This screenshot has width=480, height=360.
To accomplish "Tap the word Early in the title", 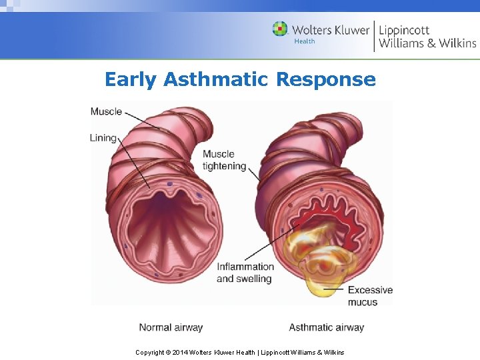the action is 131,80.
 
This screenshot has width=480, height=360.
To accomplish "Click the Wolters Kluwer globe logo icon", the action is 280,29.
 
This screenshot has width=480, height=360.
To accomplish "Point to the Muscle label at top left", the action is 106,111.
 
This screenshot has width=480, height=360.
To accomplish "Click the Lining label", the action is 103,138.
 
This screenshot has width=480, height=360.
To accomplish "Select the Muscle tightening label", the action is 225,160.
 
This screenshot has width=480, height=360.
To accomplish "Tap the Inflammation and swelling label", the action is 245,273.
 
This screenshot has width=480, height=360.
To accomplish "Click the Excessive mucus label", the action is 370,296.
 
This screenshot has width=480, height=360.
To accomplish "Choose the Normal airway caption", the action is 171,327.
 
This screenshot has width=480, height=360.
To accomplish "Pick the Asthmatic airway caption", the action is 327,327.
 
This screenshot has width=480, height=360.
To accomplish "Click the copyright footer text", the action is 240,352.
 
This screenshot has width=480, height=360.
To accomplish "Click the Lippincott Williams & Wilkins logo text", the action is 427,36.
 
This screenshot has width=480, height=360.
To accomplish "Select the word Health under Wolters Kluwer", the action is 304,41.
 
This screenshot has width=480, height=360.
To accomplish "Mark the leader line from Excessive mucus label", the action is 333,289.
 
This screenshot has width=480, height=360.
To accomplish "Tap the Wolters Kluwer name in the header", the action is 330,29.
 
